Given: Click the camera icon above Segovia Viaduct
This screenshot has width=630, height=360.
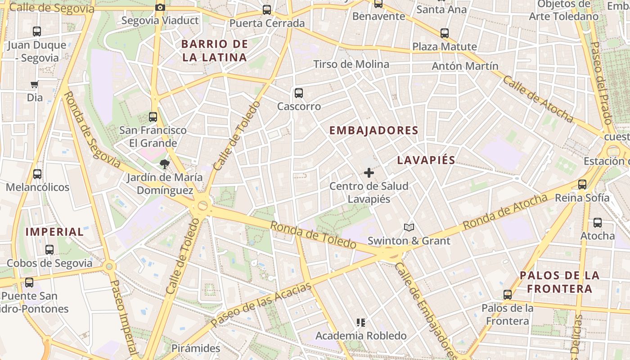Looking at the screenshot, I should tap(160, 7).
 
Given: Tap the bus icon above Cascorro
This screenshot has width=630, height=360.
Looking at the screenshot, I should tap(298, 93).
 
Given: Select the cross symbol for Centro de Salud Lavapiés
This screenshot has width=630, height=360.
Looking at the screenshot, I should tap(369, 173).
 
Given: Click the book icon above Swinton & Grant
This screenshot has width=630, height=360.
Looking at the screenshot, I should tap(409, 228).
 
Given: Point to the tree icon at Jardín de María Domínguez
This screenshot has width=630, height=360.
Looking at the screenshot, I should tap(165, 164).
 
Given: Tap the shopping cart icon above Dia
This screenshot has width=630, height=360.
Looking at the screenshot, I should tap(34, 84).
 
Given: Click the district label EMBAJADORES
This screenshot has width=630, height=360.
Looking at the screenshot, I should tap(374, 130).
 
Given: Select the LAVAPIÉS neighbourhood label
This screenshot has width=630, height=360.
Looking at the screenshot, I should tap(426, 160).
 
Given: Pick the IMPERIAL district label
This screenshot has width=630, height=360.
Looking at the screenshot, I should tap(54, 232).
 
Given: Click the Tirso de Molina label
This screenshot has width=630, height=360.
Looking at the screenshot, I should tap(351, 64).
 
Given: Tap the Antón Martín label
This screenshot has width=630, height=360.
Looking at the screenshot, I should tap(465, 66).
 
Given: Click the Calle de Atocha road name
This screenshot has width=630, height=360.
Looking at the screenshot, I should tap(537, 99).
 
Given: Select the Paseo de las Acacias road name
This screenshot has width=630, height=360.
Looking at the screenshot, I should tap(261, 305).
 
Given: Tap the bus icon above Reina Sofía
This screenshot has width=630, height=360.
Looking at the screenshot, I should tap(582, 184).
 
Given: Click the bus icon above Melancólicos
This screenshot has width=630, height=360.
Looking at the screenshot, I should tap(37, 174).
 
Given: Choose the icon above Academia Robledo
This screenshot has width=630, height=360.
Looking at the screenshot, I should tap(360, 322).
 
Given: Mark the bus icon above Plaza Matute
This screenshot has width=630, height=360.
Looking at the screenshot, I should tap(445, 33).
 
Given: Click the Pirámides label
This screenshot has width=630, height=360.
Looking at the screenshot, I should tap(196, 348).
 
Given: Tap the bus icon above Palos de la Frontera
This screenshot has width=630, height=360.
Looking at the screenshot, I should tap(508, 295).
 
